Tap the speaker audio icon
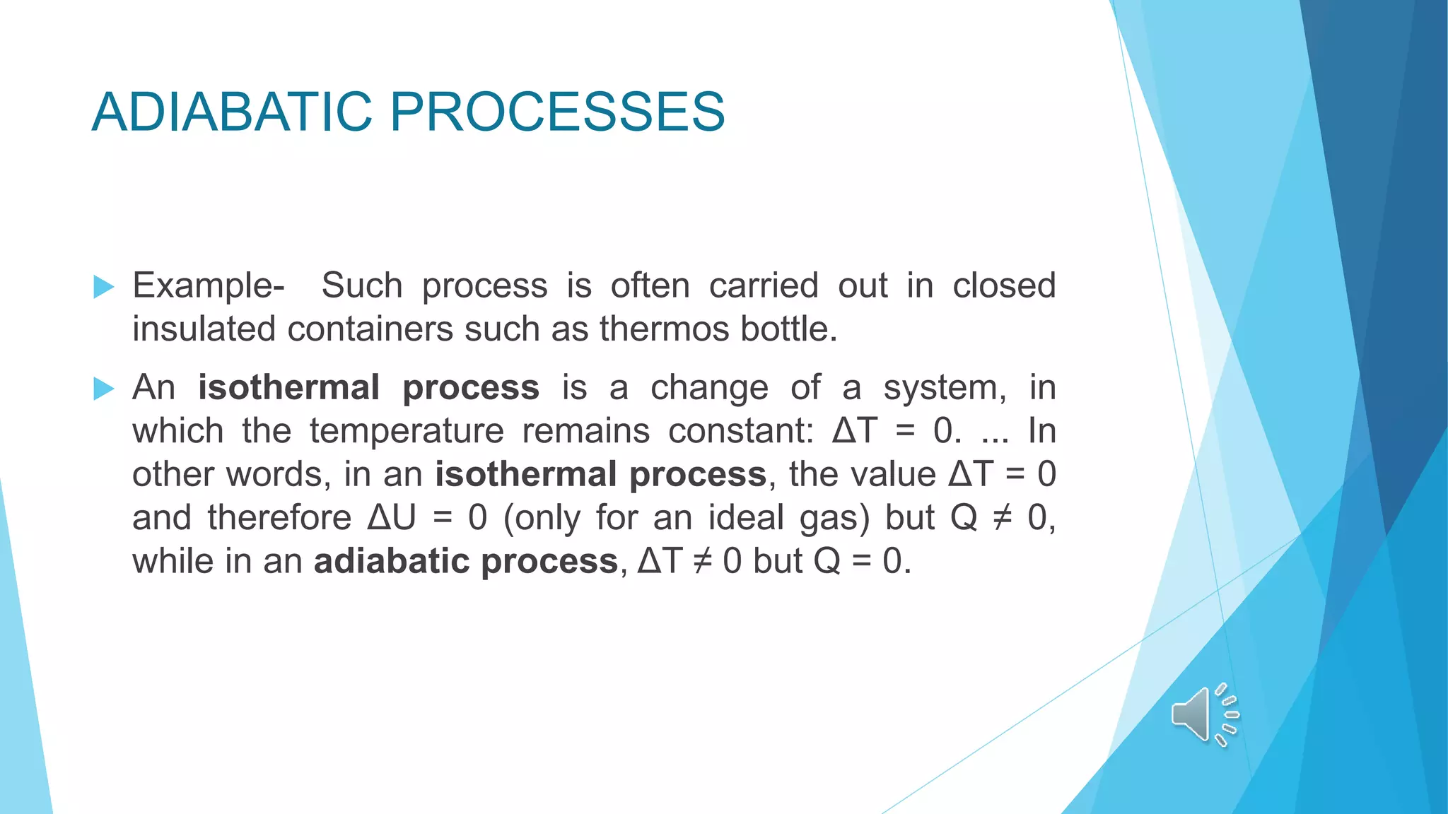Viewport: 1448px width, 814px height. (1204, 714)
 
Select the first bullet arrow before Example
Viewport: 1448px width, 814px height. (103, 287)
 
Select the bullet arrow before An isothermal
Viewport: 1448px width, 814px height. (103, 389)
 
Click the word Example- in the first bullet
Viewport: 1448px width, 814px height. (209, 286)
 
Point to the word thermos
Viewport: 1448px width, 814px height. (665, 329)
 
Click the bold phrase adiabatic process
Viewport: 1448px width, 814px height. (466, 561)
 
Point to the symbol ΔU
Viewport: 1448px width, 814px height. (392, 517)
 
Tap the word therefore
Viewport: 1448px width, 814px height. (279, 517)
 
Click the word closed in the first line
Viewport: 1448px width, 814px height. (1003, 286)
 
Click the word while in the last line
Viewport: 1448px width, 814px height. (173, 561)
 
